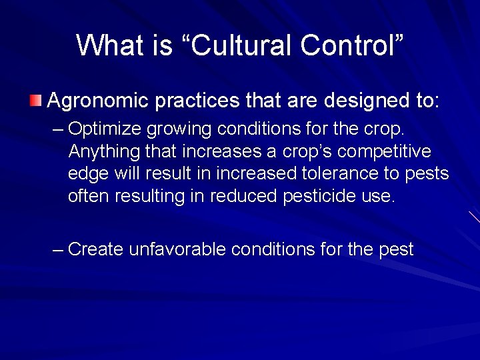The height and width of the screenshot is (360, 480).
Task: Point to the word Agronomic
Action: click(x=100, y=101)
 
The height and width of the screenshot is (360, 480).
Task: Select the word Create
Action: click(x=95, y=249)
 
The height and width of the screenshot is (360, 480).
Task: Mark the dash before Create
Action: click(x=58, y=250)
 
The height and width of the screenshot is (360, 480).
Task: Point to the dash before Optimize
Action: click(x=58, y=128)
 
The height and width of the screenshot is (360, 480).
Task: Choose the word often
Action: click(x=89, y=196)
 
